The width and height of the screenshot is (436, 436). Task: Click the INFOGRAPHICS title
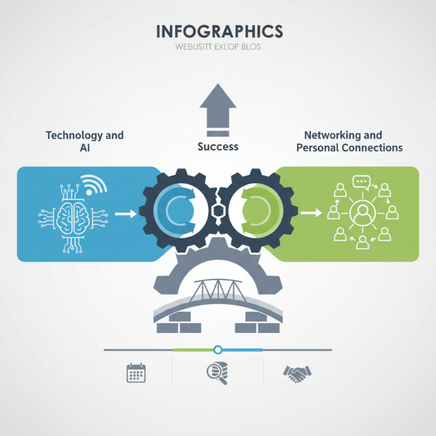(219, 31)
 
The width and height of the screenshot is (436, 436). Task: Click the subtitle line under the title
(218, 47)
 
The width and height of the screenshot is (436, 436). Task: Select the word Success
(218, 147)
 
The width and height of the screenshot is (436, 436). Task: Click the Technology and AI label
(84, 141)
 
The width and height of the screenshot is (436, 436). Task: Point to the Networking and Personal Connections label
(349, 141)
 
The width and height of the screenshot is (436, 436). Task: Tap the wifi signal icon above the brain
(94, 184)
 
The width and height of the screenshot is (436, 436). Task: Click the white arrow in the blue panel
(126, 214)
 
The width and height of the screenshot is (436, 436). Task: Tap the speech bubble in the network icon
(361, 182)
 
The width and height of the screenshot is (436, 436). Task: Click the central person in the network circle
(361, 214)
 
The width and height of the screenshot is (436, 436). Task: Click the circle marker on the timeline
(218, 349)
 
